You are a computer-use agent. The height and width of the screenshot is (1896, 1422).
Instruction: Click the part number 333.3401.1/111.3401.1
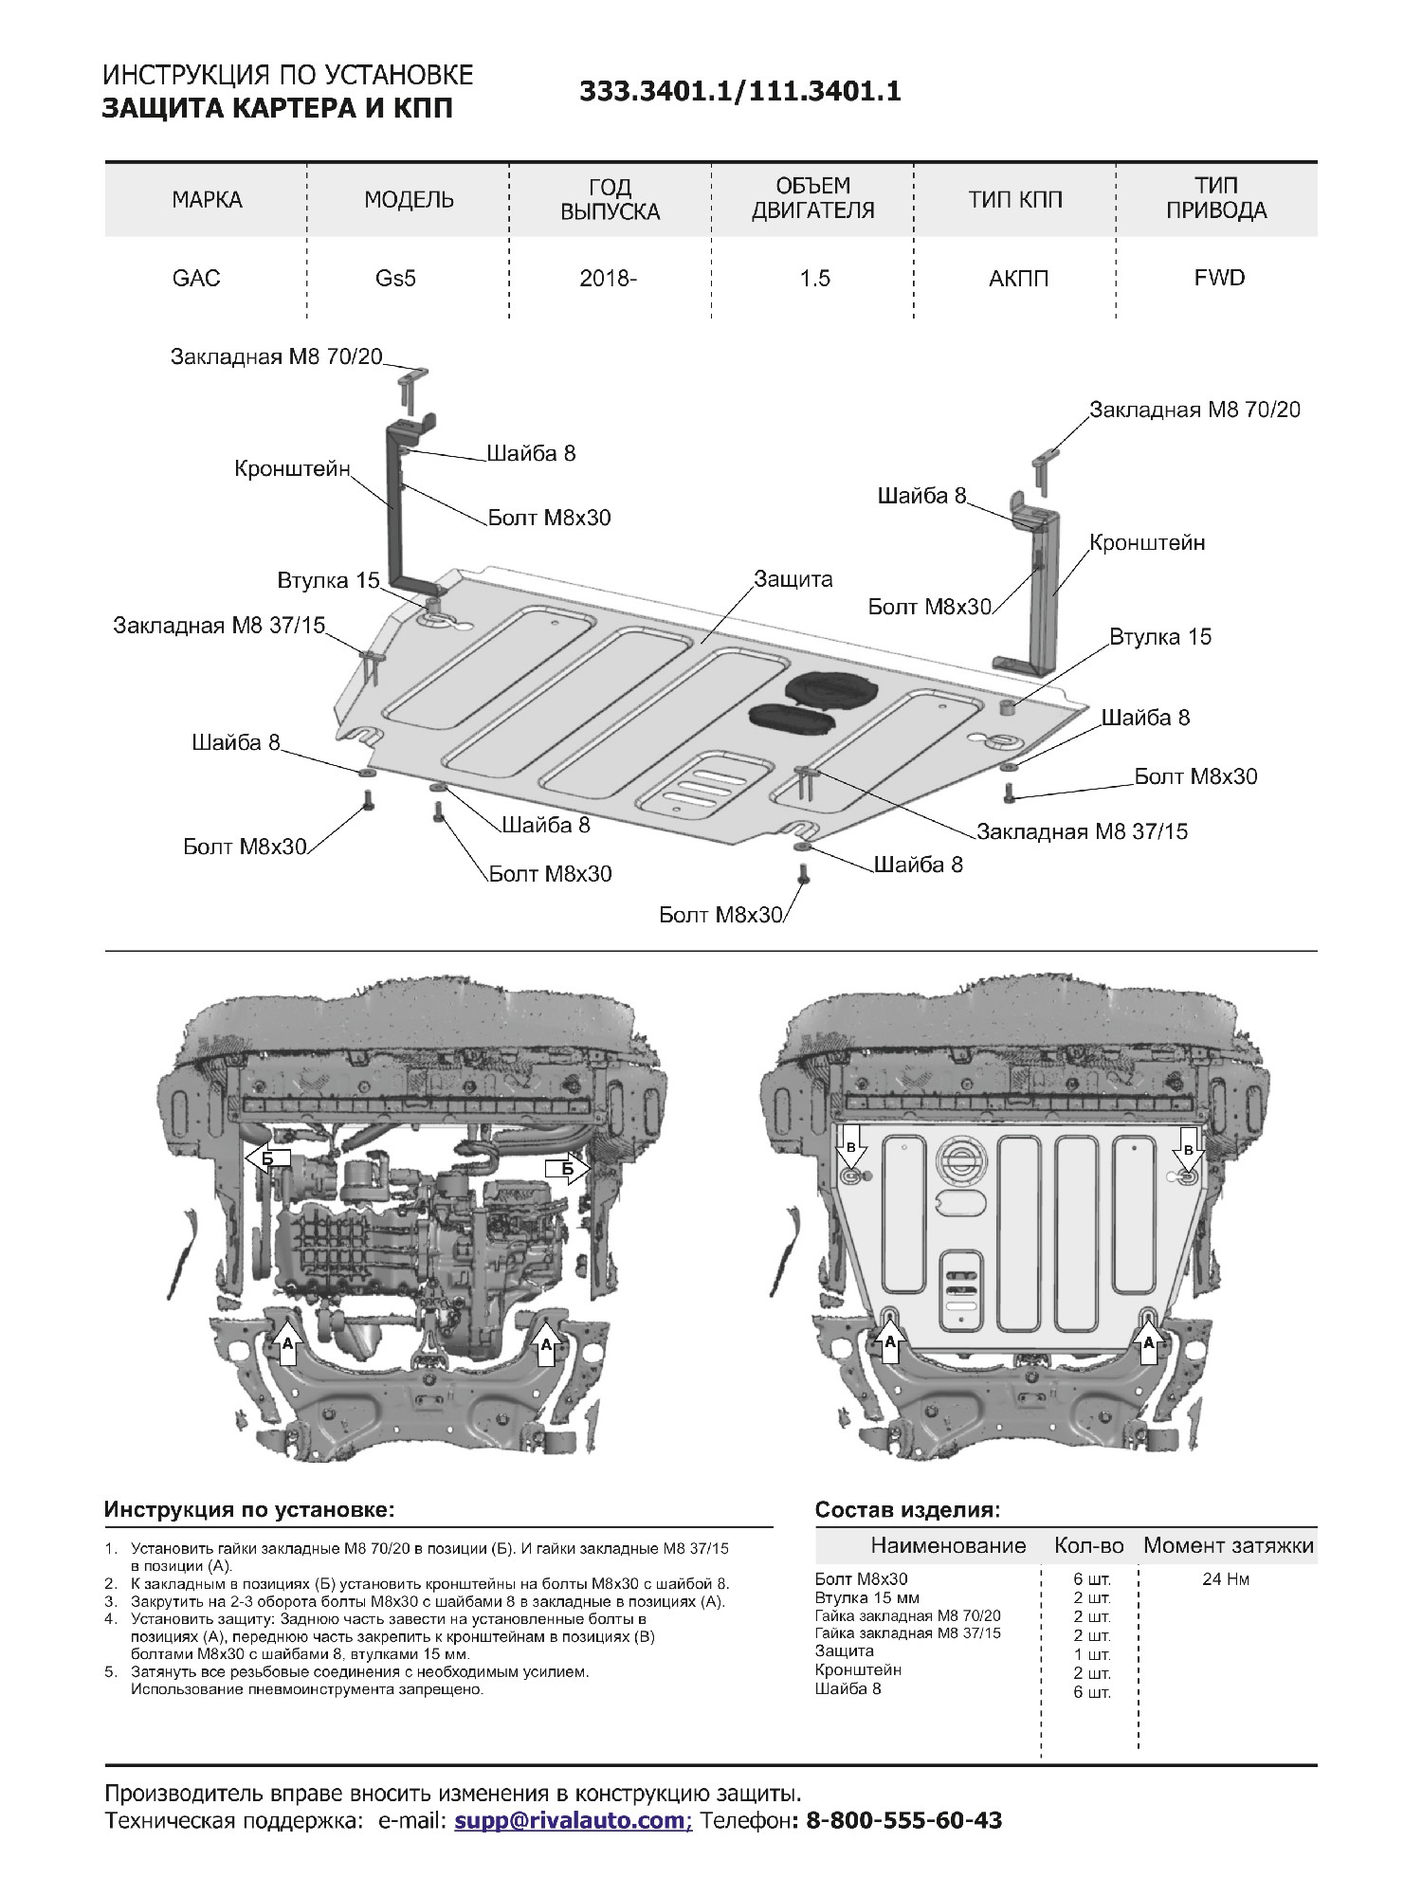(x=739, y=91)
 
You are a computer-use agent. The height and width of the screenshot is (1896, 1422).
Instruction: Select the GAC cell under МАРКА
(x=196, y=278)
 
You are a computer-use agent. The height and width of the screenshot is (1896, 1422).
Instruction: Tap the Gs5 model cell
(x=395, y=278)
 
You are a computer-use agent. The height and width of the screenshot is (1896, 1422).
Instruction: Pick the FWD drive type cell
(x=1219, y=278)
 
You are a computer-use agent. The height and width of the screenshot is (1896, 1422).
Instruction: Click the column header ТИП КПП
(x=1014, y=199)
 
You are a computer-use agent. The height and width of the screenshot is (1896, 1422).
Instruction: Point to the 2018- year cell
(x=608, y=278)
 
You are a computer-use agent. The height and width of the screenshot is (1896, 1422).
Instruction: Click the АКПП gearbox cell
(x=1018, y=278)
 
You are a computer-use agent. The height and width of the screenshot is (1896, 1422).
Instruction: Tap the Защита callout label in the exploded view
(x=793, y=578)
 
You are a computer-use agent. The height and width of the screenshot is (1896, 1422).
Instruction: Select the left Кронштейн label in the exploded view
(x=292, y=468)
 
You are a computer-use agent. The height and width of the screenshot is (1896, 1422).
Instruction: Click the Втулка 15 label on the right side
(x=1160, y=636)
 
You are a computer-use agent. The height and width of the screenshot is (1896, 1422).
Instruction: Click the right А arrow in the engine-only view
(x=546, y=1342)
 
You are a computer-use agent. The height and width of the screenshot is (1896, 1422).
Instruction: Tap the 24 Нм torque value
(x=1226, y=1579)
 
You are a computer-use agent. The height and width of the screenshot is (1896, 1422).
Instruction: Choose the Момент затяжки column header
(x=1229, y=1546)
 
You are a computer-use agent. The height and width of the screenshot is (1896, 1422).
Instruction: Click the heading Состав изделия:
(x=907, y=1510)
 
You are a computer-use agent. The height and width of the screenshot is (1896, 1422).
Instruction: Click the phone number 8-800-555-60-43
(x=902, y=1820)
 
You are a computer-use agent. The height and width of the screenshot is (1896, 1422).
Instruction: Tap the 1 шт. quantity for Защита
(x=1092, y=1655)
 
